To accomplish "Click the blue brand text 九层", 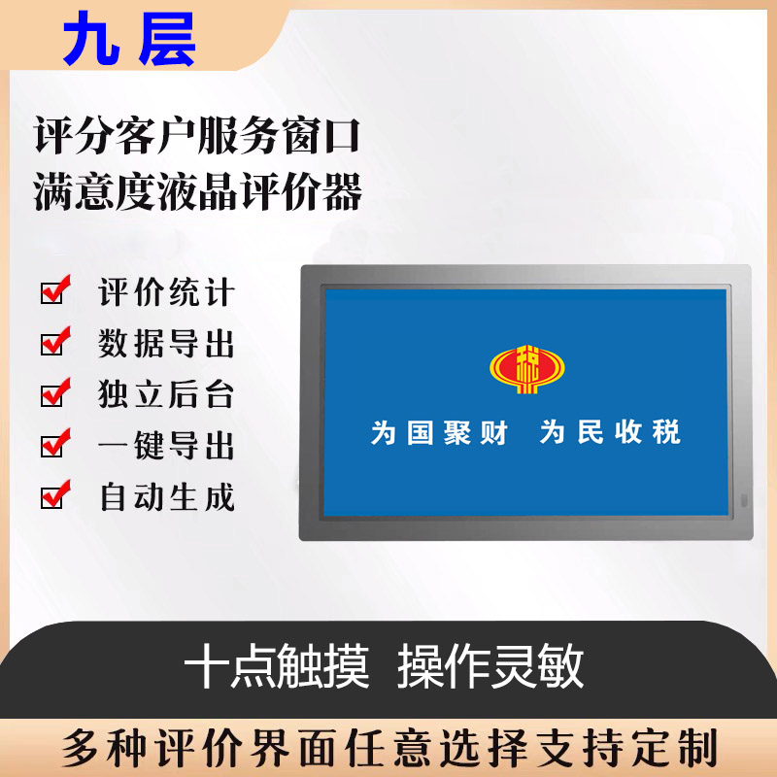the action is pyautogui.click(x=130, y=40).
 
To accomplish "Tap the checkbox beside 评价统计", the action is pyautogui.click(x=52, y=292).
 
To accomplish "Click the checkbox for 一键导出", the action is pyautogui.click(x=52, y=446).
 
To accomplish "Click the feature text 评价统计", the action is pyautogui.click(x=166, y=292).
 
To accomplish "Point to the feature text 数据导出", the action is pyautogui.click(x=166, y=344).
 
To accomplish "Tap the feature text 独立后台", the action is pyautogui.click(x=166, y=395).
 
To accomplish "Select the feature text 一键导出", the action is pyautogui.click(x=166, y=446).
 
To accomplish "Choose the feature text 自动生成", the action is pyautogui.click(x=167, y=497).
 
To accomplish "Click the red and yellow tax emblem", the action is pyautogui.click(x=526, y=369).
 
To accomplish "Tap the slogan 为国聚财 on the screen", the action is pyautogui.click(x=440, y=432).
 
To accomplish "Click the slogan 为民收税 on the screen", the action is pyautogui.click(x=610, y=432).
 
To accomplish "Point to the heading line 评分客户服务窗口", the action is pyautogui.click(x=197, y=136).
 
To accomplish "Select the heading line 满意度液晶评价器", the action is pyautogui.click(x=198, y=191).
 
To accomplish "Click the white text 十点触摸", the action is pyautogui.click(x=277, y=666).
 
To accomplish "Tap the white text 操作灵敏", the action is pyautogui.click(x=490, y=666).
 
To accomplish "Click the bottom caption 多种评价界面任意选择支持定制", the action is pyautogui.click(x=389, y=748).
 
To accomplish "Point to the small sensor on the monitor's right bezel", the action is pyautogui.click(x=743, y=500).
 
